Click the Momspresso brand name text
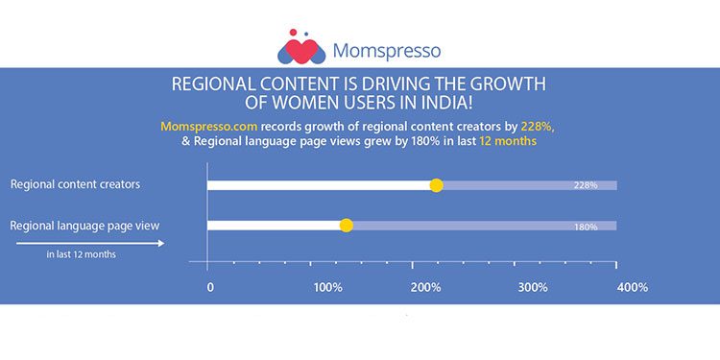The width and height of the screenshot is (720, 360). click(x=387, y=49)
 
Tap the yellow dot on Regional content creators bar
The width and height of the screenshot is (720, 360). click(x=436, y=185)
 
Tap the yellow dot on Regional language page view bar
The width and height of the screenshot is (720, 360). click(x=347, y=226)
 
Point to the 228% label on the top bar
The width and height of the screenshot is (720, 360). click(x=587, y=185)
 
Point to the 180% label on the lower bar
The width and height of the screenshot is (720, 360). click(x=587, y=227)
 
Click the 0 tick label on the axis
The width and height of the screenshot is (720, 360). click(x=209, y=287)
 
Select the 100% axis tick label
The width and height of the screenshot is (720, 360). click(x=328, y=287)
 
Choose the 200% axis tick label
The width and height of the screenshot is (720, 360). click(x=430, y=287)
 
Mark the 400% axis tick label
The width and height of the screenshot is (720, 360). click(x=633, y=287)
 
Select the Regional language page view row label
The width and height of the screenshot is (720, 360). click(x=84, y=226)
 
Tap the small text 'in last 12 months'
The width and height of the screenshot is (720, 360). click(x=82, y=255)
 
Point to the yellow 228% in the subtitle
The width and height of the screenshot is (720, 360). click(x=538, y=126)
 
